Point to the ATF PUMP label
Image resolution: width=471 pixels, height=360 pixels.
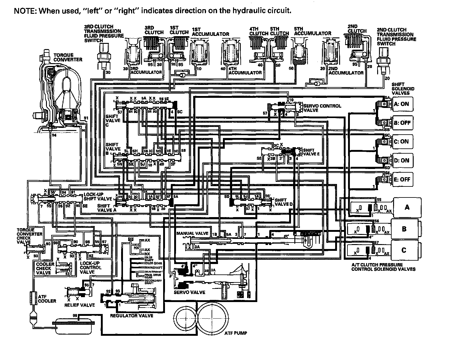233,333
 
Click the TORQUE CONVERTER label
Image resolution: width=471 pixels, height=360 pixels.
68,57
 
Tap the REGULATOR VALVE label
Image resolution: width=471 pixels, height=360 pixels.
132,316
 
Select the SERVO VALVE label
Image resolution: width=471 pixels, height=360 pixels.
189,292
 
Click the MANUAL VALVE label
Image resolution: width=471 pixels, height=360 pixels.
192,233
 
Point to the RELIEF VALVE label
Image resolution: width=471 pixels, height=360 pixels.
79,305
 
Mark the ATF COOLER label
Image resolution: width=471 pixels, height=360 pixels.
47,299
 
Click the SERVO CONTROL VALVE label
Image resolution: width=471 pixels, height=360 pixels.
322,108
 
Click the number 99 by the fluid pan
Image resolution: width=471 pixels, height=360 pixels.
75,316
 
